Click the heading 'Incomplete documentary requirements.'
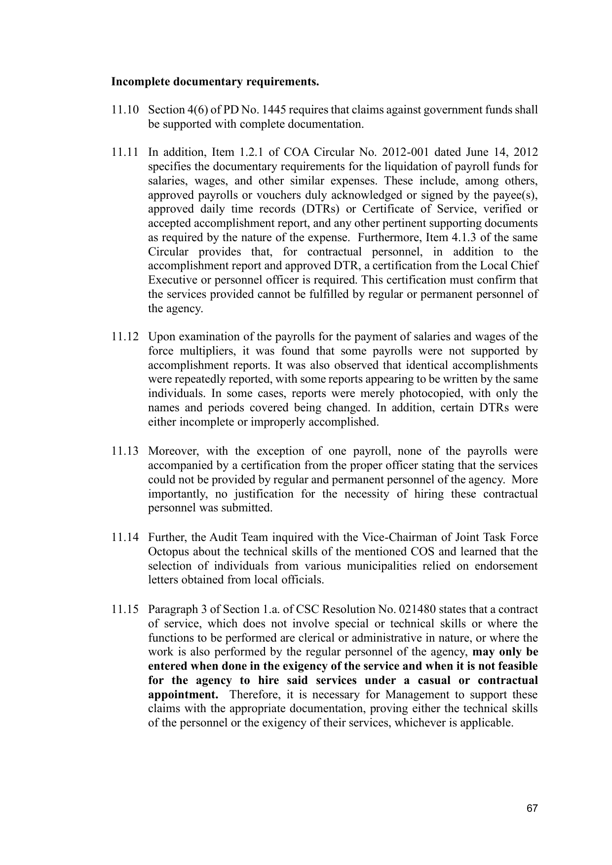pyautogui.click(x=215, y=81)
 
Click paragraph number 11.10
pyautogui.click(x=124, y=109)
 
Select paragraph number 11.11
pyautogui.click(x=124, y=152)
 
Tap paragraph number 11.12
pyautogui.click(x=124, y=337)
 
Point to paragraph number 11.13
pyautogui.click(x=124, y=451)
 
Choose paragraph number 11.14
pyautogui.click(x=124, y=538)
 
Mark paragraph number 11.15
pyautogui.click(x=124, y=610)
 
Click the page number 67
pyautogui.click(x=532, y=808)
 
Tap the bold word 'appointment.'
pyautogui.click(x=183, y=695)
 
